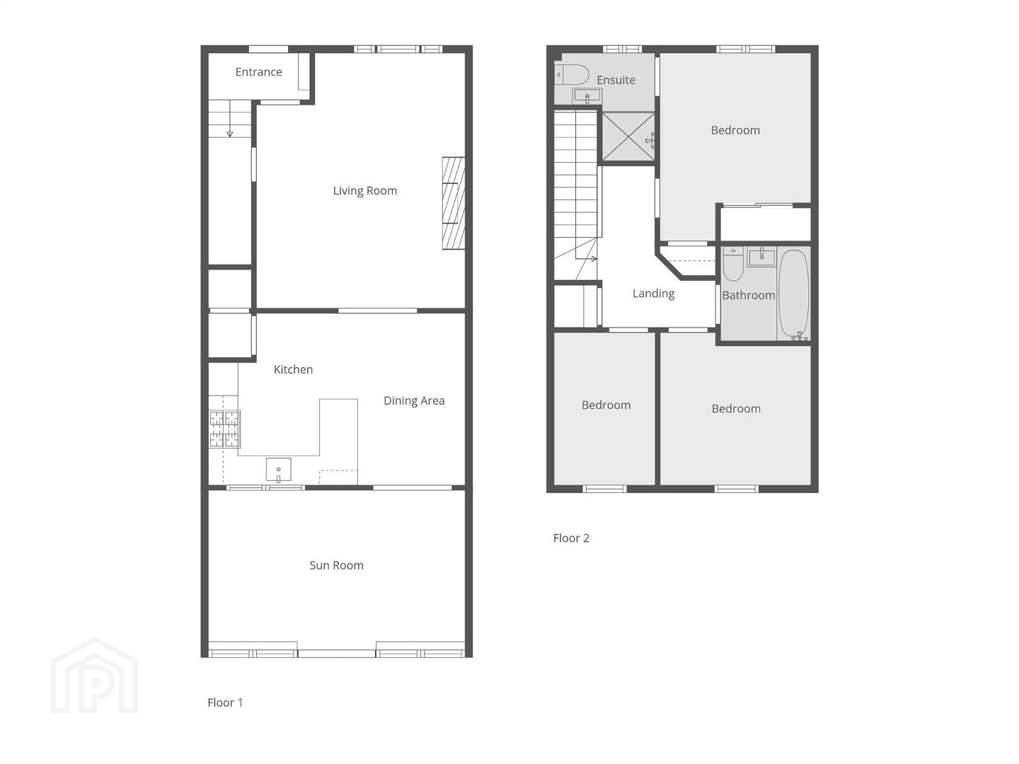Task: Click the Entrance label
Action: click(258, 72)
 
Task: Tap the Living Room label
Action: click(365, 191)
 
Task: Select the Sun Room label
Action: click(336, 565)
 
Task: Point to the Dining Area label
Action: click(414, 401)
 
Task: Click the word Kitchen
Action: click(293, 370)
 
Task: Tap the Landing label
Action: click(653, 294)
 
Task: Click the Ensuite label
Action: click(616, 80)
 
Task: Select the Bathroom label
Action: click(749, 296)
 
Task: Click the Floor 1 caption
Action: click(225, 702)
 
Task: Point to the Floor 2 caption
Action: click(571, 538)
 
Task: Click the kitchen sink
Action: click(279, 470)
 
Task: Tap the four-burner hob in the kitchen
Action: click(224, 429)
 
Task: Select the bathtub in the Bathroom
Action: click(793, 294)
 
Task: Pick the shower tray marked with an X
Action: click(628, 137)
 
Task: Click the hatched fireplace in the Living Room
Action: click(453, 204)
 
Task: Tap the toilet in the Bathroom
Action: click(733, 264)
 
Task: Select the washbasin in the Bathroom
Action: click(761, 257)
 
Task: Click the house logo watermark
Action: click(95, 676)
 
